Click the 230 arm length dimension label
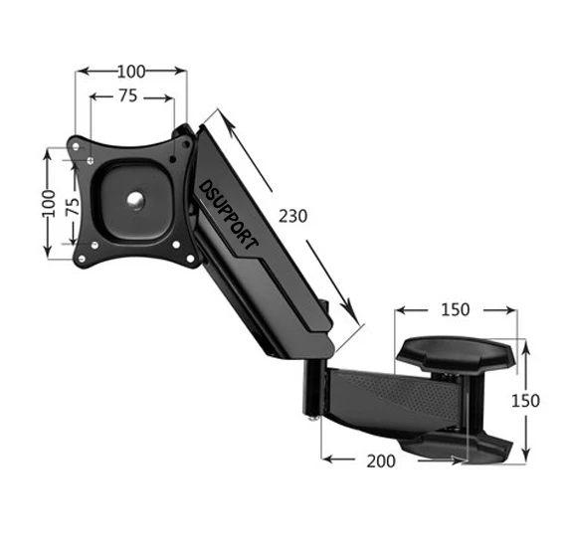tap(292, 216)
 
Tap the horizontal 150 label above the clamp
tap(455, 309)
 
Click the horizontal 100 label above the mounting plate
tap(131, 71)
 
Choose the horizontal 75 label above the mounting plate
tap(127, 96)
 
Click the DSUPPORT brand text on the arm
tap(229, 214)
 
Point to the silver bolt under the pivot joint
tap(315, 419)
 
